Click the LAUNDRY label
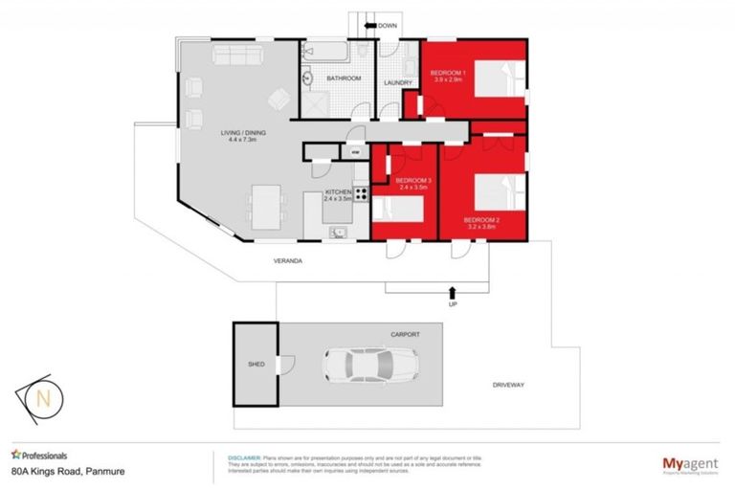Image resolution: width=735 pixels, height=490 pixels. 397,82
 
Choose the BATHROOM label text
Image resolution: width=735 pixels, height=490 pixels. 342,78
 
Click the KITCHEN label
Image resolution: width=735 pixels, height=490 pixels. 339,192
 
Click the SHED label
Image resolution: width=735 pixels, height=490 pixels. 256,365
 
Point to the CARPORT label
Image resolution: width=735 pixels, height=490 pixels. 406,335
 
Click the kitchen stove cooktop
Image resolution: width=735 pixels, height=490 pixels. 363,194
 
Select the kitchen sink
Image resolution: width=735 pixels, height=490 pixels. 338,231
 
